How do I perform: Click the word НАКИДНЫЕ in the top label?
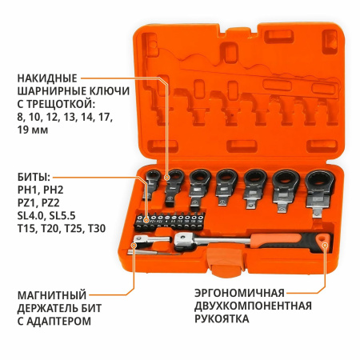(47, 78)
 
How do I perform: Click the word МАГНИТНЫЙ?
(52, 295)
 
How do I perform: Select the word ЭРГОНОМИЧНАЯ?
(239, 293)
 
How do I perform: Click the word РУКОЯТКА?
(222, 318)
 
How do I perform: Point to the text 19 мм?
(33, 130)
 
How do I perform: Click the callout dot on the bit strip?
(146, 221)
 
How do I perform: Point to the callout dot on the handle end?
(325, 245)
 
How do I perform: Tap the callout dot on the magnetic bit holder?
(134, 245)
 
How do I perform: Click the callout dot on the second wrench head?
(167, 178)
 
